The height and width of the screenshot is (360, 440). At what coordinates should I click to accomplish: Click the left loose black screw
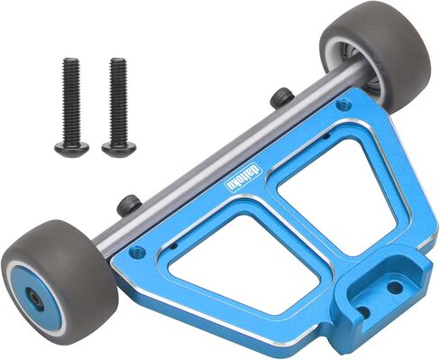coord(69,104)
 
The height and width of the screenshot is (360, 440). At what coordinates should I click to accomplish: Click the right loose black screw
coord(116,104)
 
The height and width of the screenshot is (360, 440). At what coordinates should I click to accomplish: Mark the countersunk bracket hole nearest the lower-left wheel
coord(136,252)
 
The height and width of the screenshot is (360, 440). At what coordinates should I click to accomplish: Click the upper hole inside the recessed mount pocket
coord(393,287)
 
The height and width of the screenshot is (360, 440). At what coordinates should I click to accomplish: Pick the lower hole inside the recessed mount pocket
coord(364,311)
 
